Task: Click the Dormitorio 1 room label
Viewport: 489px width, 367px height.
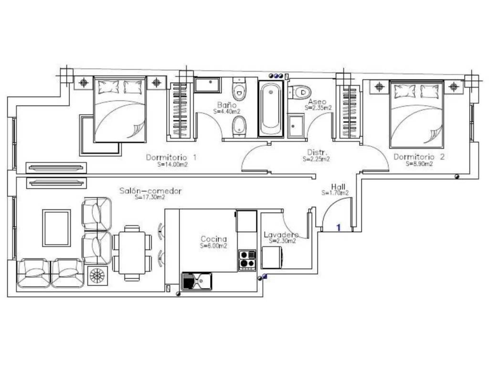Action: pyautogui.click(x=171, y=157)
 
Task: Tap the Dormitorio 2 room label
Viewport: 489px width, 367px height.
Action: pyautogui.click(x=419, y=157)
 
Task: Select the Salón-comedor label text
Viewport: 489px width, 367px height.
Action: pyautogui.click(x=150, y=191)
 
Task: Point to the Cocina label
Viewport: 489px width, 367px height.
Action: pyautogui.click(x=213, y=239)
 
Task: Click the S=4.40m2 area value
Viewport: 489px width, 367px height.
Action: pyautogui.click(x=227, y=111)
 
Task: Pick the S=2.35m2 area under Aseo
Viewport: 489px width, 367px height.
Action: pyautogui.click(x=318, y=108)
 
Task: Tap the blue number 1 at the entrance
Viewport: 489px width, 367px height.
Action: pyautogui.click(x=339, y=227)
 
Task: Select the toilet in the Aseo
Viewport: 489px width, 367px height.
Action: pyautogui.click(x=300, y=92)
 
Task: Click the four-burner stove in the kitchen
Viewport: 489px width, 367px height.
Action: pyautogui.click(x=247, y=260)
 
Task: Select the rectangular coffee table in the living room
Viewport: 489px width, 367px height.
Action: pyautogui.click(x=56, y=228)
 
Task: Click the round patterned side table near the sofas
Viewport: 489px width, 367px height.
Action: pyautogui.click(x=97, y=276)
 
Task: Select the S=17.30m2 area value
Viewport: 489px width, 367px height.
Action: pyautogui.click(x=150, y=197)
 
